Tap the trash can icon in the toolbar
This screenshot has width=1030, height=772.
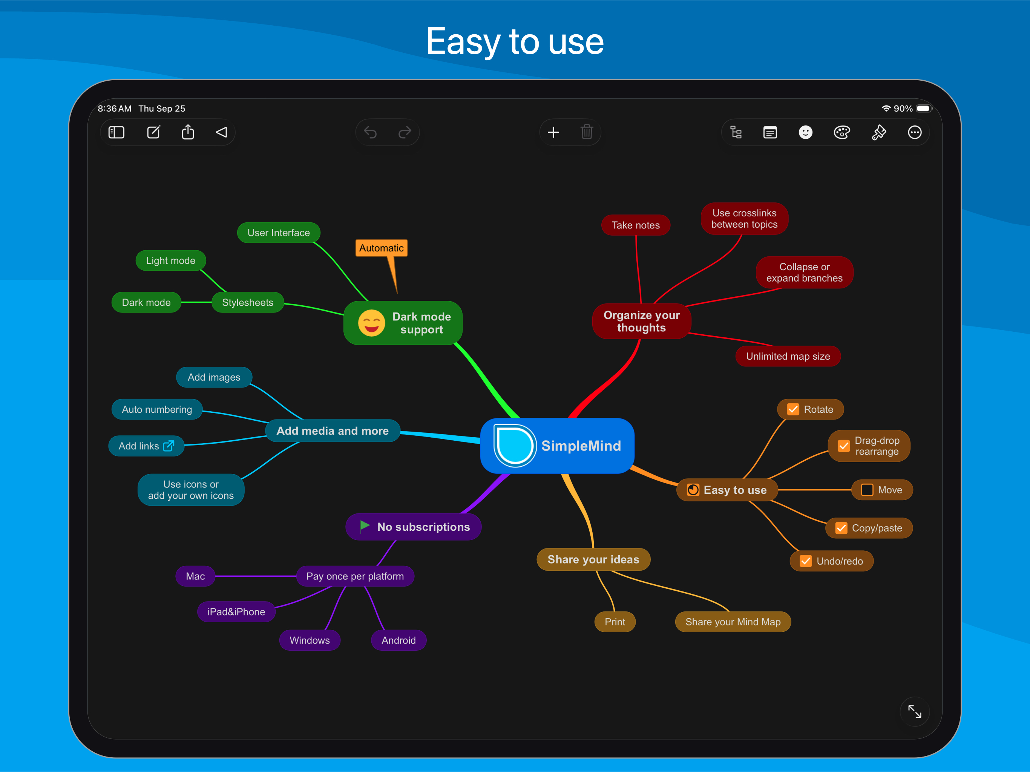click(x=587, y=132)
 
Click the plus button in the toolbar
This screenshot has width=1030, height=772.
click(x=553, y=133)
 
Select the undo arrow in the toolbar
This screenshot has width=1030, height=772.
click(x=370, y=133)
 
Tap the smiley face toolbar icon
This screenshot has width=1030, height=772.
click(x=806, y=133)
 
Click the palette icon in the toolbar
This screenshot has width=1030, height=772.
click(x=842, y=133)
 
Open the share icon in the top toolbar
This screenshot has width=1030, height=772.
click(x=188, y=132)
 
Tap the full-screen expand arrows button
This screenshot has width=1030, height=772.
click(x=915, y=711)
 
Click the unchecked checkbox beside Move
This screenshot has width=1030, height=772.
click(x=867, y=490)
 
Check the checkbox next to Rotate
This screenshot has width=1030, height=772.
click(x=793, y=409)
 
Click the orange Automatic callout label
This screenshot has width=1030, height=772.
click(x=382, y=248)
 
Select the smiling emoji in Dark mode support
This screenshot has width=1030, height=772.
click(x=372, y=323)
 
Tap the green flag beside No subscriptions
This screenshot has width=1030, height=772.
click(x=365, y=526)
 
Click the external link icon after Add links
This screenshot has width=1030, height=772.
click(x=169, y=446)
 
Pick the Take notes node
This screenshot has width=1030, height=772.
click(x=636, y=225)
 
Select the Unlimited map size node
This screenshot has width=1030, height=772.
click(x=788, y=356)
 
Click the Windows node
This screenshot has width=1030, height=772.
click(x=310, y=640)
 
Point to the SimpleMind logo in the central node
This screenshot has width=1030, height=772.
click(x=515, y=446)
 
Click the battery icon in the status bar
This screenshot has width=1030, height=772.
click(x=923, y=109)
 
